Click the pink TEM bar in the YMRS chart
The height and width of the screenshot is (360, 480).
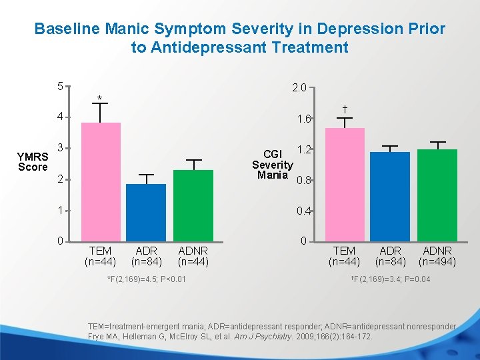101,181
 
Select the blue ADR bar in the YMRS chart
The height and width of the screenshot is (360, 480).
146,212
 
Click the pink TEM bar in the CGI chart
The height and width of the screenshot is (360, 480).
345,184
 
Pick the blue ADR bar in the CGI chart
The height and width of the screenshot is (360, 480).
390,196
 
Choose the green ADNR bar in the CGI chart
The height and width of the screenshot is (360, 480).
437,195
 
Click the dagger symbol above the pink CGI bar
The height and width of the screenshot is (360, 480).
345,108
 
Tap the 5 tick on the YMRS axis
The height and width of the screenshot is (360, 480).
60,87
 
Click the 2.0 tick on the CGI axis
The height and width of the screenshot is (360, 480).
299,87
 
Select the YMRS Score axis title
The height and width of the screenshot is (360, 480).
33,161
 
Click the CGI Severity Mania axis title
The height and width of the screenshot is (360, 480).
272,165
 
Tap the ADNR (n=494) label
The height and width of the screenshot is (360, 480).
437,256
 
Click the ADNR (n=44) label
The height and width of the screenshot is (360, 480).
193,256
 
